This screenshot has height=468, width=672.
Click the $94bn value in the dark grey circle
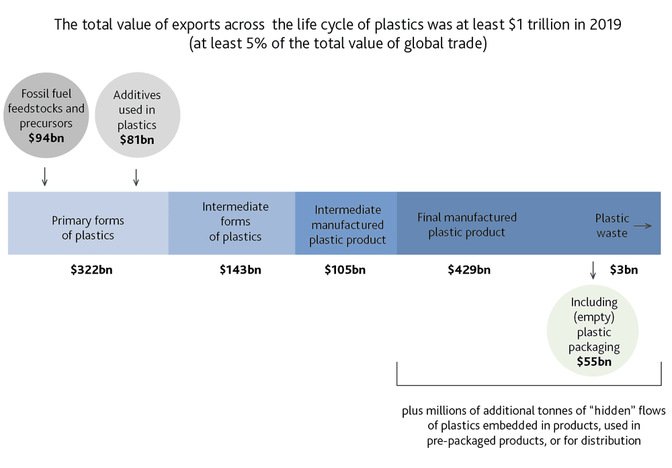46,138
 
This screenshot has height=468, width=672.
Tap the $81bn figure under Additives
136,140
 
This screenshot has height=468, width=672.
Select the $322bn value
91,270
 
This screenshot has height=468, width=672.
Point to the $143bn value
241,270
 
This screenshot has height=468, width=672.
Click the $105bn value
345,270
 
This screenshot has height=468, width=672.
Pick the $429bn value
469,270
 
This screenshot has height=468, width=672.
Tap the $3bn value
624,270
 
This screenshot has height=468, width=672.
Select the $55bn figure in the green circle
594,362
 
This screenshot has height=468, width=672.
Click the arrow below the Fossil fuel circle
44,177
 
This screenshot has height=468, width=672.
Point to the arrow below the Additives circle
136,177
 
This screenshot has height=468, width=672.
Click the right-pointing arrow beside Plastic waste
642,226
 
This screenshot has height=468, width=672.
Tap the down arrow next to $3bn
593,270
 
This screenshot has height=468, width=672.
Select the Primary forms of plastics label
88,228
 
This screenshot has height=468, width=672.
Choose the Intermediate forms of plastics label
235,221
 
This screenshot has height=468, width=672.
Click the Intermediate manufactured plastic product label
347,225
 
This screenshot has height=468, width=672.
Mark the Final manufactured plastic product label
467,225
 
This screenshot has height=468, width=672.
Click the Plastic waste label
612,226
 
